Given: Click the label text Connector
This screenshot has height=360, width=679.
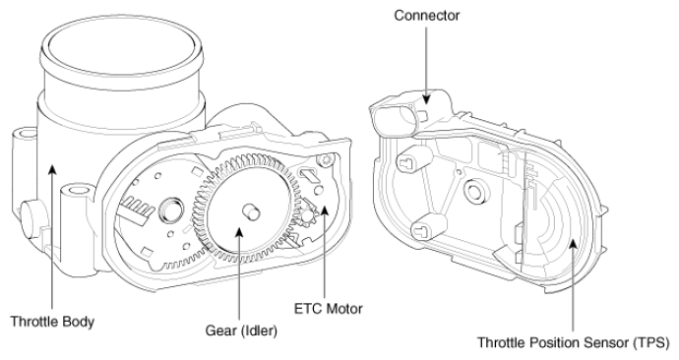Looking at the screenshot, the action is (x=426, y=16).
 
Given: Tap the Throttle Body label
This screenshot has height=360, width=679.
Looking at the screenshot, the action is (x=52, y=322).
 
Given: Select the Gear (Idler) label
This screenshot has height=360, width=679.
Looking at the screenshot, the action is (x=241, y=331).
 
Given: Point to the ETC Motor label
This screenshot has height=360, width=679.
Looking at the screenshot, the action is (x=329, y=309).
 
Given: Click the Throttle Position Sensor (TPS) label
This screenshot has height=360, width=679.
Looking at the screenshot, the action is (x=574, y=342).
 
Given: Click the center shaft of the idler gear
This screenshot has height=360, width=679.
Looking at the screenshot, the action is (x=250, y=212).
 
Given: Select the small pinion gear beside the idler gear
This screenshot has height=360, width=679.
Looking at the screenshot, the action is (x=308, y=213).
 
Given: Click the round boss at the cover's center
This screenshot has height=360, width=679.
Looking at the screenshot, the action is (x=475, y=191).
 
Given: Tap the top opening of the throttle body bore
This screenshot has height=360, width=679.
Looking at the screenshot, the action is (x=121, y=46).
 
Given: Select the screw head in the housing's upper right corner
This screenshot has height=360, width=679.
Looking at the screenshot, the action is (x=325, y=159).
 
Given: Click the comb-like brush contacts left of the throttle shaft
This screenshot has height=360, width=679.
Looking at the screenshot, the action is (x=137, y=208).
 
